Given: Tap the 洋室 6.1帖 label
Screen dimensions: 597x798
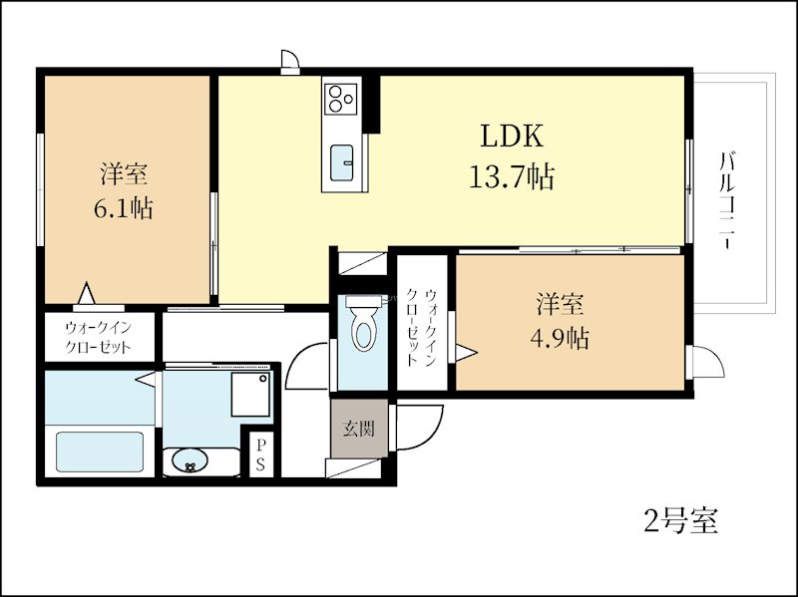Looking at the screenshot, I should [125, 191].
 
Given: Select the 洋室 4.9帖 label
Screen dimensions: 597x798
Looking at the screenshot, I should [559, 321].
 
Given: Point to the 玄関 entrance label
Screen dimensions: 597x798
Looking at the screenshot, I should [359, 430].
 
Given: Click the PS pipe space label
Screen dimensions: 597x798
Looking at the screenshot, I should [259, 454].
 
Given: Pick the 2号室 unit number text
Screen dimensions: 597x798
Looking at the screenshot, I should [678, 520].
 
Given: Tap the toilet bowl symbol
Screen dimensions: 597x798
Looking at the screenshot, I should [364, 326].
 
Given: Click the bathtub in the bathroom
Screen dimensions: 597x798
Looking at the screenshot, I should [99, 450].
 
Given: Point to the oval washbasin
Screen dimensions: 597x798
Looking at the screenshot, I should [189, 461].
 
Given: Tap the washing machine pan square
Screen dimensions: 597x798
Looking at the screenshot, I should [249, 395].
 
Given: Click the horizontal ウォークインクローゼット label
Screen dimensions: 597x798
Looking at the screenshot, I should [98, 337].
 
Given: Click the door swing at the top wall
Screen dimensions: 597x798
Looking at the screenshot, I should [289, 62].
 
